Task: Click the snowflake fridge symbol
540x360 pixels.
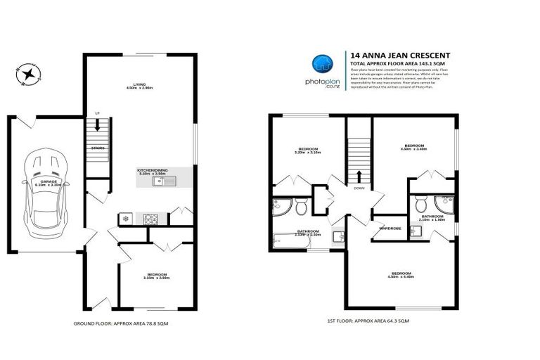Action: coord(126,219)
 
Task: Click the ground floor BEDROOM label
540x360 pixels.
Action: coord(157,276)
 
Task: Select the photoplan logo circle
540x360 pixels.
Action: coord(323,63)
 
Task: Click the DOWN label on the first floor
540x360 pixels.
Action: coord(359,188)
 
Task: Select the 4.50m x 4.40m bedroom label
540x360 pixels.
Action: coord(401,275)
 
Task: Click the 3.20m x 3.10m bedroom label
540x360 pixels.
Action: coord(309,150)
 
